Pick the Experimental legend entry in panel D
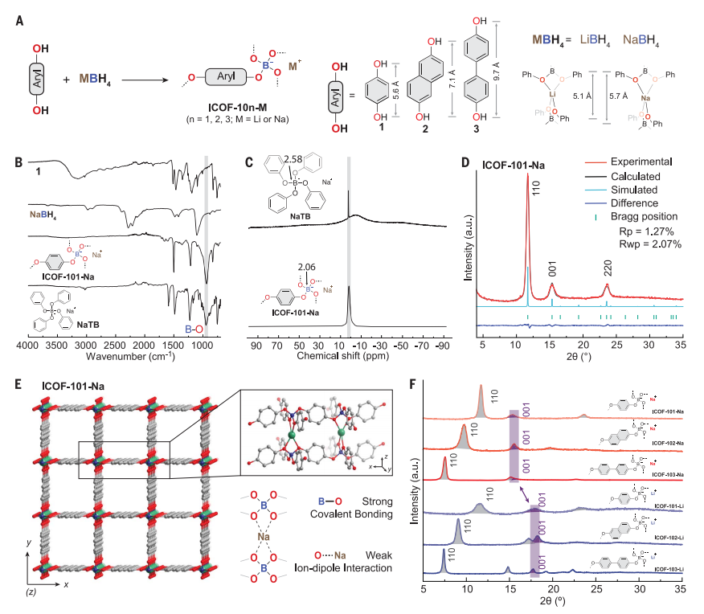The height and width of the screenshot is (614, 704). click(624, 162)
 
